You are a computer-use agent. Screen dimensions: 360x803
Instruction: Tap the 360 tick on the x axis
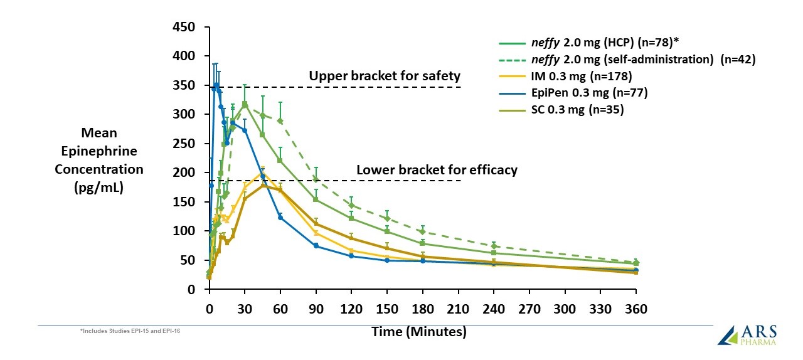click(x=636, y=309)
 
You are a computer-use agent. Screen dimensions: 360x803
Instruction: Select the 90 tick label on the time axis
click(x=316, y=309)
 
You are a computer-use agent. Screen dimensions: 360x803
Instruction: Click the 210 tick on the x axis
click(x=459, y=309)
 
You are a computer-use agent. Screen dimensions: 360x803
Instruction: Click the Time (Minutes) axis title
click(x=420, y=332)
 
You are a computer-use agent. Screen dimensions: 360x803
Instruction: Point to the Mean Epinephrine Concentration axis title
click(x=99, y=161)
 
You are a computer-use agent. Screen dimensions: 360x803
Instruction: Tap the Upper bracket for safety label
click(x=385, y=76)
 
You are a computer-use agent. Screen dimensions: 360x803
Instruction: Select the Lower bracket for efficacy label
click(x=437, y=170)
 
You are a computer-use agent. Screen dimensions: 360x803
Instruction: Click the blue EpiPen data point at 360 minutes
click(x=636, y=270)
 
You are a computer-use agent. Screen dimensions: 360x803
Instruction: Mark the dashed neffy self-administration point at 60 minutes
click(x=280, y=120)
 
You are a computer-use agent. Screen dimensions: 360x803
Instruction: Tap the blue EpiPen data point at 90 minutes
click(x=316, y=246)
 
